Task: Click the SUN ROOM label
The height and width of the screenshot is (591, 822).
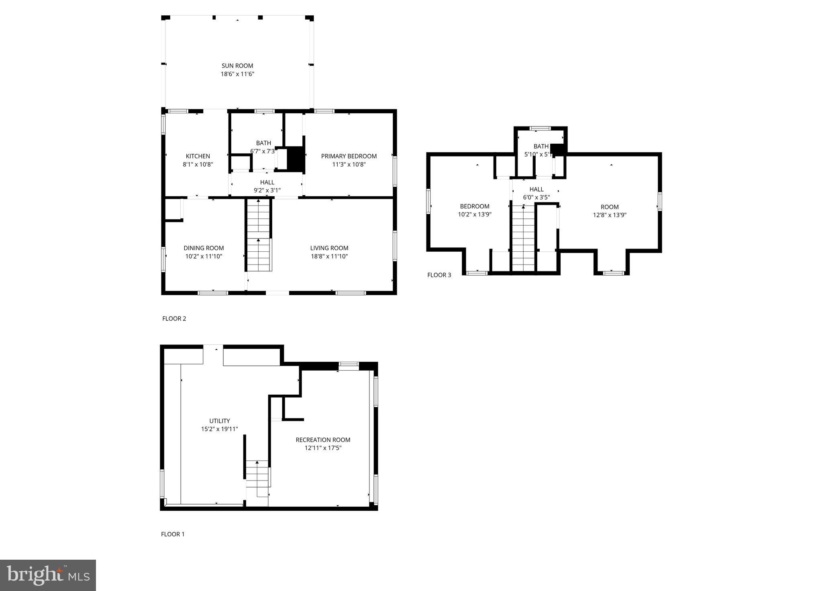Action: click(x=237, y=66)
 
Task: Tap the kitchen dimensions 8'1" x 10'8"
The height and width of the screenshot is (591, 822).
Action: click(x=198, y=164)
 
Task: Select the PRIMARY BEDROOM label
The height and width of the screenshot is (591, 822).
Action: click(x=349, y=156)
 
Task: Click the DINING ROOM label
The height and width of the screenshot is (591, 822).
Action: click(x=204, y=248)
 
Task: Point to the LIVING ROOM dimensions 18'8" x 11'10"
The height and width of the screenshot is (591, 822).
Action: click(x=329, y=256)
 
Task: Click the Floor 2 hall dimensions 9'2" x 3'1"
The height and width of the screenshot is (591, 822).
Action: click(x=267, y=190)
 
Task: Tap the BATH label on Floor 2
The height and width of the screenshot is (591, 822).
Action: click(x=263, y=143)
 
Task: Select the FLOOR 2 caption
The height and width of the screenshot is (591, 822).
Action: click(x=174, y=319)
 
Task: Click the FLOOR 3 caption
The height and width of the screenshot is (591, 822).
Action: click(x=439, y=275)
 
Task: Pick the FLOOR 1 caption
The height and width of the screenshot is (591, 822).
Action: click(x=173, y=534)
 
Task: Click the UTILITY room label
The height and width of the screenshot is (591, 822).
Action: click(x=219, y=421)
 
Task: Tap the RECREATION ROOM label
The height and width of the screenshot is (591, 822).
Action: click(x=323, y=440)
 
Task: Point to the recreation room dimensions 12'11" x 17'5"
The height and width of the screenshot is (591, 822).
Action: click(x=323, y=448)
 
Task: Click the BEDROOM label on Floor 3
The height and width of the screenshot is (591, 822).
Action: click(x=475, y=206)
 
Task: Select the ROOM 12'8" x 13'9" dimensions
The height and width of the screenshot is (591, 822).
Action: click(x=610, y=215)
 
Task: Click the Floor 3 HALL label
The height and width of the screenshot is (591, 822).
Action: click(x=536, y=189)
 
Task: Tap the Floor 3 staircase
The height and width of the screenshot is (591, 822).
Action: click(x=523, y=239)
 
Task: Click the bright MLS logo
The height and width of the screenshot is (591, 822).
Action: click(x=48, y=575)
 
